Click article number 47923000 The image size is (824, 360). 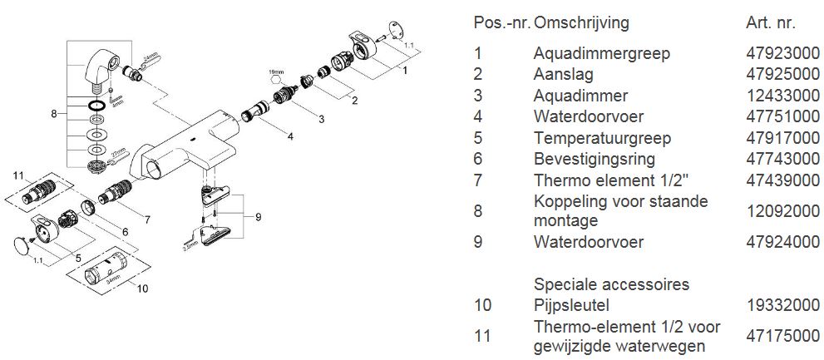click(775, 53)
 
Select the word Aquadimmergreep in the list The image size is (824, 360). click(590, 53)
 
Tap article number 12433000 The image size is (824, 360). click(775, 96)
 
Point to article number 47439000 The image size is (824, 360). click(775, 180)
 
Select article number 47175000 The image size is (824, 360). click(775, 336)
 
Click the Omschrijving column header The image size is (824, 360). click(582, 22)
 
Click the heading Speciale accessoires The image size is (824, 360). click(611, 284)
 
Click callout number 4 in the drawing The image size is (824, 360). click(290, 136)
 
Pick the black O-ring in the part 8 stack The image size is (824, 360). click(97, 106)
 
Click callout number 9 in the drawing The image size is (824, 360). click(259, 217)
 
